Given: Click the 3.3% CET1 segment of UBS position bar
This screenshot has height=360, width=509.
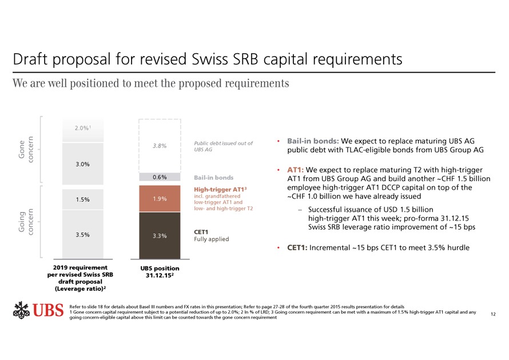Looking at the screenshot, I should (x=160, y=235).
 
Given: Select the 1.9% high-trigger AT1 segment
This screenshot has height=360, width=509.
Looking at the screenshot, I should (x=160, y=198).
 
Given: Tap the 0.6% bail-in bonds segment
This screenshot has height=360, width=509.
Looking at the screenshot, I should (x=160, y=177).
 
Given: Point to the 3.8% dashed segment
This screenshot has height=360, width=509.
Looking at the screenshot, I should (x=160, y=145).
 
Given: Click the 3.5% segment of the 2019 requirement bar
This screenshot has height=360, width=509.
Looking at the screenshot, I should (x=81, y=234).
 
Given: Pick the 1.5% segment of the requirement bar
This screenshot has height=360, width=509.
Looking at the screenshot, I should (x=81, y=199).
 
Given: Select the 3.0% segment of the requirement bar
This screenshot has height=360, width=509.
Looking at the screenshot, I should (x=81, y=165).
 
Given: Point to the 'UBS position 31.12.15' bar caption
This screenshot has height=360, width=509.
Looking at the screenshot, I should (x=160, y=271).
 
